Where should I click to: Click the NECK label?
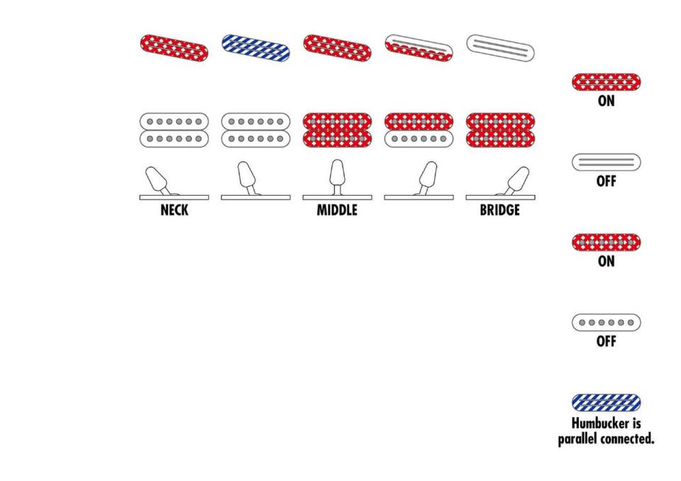coord(174,211)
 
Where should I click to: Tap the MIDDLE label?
coord(337,211)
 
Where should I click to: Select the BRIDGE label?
coord(499,211)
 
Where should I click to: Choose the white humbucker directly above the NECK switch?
coord(174,130)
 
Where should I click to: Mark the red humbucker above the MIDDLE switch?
coord(337,130)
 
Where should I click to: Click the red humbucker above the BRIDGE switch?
coord(500,130)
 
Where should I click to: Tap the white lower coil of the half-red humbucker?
coord(419,138)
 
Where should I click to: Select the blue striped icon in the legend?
coord(606,403)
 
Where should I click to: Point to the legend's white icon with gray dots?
coord(606,323)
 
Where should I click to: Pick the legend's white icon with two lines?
coord(606,162)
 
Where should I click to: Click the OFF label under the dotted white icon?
coord(606,341)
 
